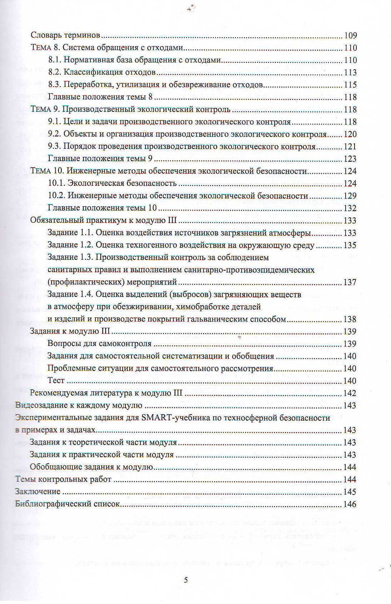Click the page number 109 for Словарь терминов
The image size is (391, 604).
click(350, 35)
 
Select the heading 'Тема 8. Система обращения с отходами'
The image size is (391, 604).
click(107, 48)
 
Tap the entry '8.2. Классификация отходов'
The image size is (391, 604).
click(102, 73)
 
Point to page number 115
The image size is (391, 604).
click(350, 85)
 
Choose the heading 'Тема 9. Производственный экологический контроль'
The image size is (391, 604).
click(130, 109)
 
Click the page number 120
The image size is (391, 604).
click(350, 134)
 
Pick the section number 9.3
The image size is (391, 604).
click(54, 147)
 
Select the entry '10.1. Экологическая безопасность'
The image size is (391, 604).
click(112, 183)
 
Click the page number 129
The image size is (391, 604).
click(350, 196)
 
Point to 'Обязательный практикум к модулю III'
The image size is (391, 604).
click(104, 221)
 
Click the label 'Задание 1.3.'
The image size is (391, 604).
click(70, 257)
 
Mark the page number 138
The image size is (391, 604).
click(350, 319)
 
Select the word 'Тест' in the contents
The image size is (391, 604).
click(56, 381)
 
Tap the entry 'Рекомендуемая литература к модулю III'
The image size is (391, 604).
click(106, 393)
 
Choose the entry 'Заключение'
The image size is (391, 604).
click(38, 492)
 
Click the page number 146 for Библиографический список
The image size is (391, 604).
click(350, 504)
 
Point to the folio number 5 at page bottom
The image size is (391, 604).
click(186, 580)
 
